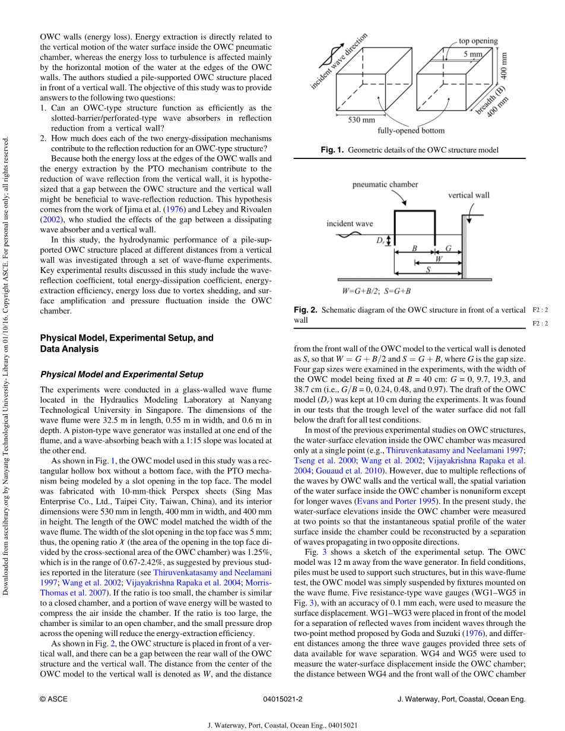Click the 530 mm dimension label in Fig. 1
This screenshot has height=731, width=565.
pos(361,120)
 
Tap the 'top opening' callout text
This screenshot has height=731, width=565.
pos(478,42)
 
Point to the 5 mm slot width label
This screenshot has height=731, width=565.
pos(473,54)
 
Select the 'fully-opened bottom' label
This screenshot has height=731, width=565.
pos(411,131)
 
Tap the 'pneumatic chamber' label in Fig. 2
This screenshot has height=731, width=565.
pos(385,185)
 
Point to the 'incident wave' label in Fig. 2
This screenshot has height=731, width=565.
pos(350,224)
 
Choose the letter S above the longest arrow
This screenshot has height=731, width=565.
pos(428,269)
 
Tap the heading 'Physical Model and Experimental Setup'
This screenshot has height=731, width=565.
pos(121,374)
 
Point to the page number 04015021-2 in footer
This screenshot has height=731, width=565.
pos(282,699)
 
